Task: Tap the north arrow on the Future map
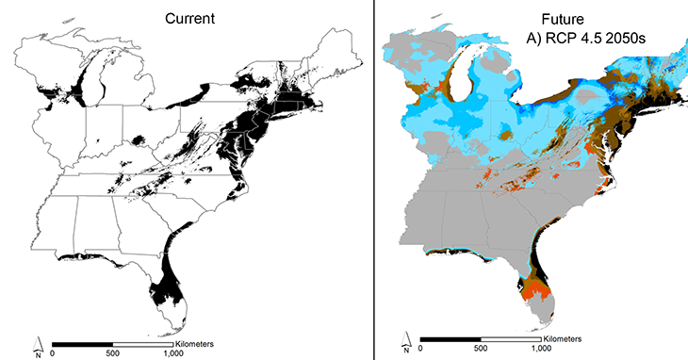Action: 405,345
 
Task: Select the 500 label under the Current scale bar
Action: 112,354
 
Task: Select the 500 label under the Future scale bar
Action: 482,353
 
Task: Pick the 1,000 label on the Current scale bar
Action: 172,354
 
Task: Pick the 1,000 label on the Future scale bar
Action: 542,353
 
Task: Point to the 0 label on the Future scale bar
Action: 422,353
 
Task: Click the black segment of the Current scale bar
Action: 82,344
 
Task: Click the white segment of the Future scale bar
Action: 512,343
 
